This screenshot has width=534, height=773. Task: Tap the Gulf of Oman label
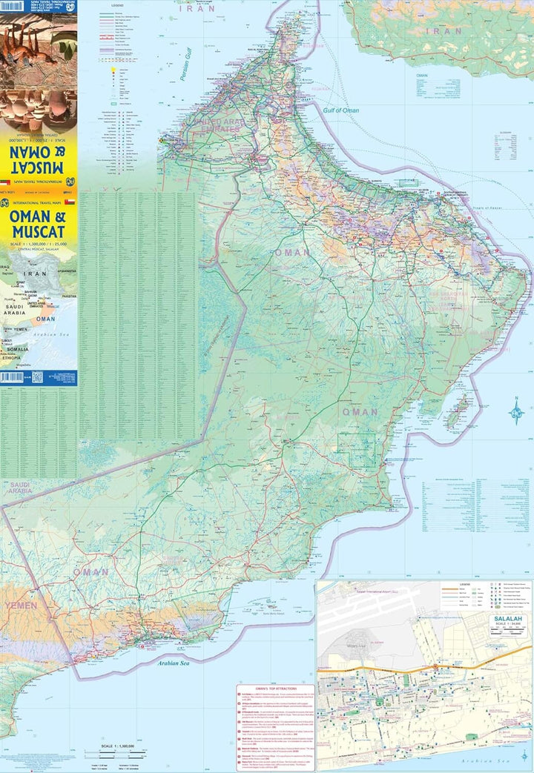(x=341, y=110)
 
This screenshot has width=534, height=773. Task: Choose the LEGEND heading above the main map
(x=117, y=5)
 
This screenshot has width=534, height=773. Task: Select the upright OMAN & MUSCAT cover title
(x=39, y=224)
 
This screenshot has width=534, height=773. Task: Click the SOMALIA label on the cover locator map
(x=16, y=349)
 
